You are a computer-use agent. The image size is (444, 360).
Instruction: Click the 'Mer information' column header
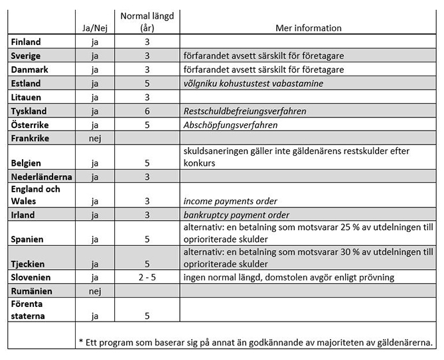coord(308,29)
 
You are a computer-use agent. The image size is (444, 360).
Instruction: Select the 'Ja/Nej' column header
coord(94,29)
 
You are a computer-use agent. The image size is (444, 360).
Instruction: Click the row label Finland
coord(26,42)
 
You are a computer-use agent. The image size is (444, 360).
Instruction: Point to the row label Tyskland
coord(29,111)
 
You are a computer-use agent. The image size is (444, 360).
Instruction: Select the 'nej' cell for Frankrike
coord(94,139)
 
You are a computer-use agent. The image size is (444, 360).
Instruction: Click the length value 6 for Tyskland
coord(147,111)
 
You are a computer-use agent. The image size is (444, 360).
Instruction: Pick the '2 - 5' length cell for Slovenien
coord(147,276)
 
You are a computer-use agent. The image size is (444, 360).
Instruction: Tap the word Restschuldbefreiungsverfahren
coord(244,111)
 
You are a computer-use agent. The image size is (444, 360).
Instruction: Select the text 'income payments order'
coord(230,201)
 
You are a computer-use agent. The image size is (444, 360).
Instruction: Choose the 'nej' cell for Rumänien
coord(94,290)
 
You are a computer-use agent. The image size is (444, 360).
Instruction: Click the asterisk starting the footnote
coord(80,342)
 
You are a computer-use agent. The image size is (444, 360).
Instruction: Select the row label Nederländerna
coord(41,177)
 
